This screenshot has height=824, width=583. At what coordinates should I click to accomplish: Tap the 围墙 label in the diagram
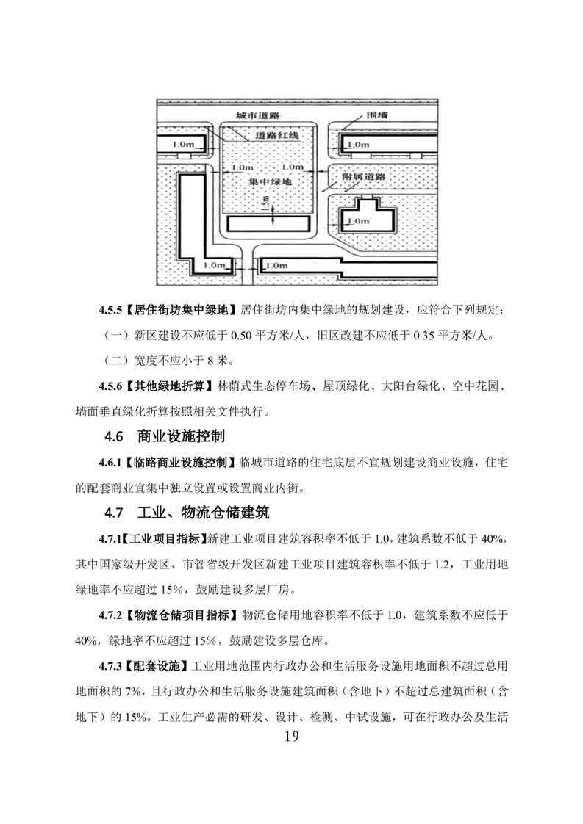pos(376,114)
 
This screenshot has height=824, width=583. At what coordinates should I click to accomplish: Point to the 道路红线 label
pos(276,136)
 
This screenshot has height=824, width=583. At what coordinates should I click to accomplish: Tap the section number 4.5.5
pos(110,310)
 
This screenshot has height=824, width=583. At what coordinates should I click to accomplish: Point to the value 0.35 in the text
pos(424,336)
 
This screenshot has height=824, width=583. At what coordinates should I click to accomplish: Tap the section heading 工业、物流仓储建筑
pos(204,513)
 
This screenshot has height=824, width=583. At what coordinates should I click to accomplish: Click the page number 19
pos(291,737)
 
